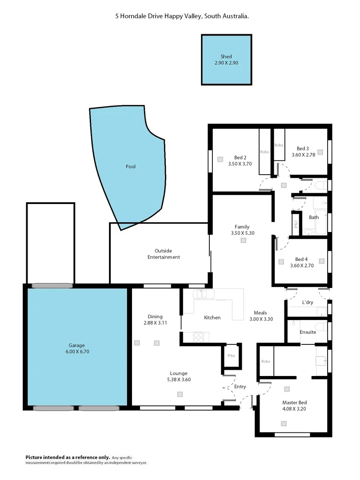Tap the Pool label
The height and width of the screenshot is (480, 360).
pyautogui.click(x=130, y=167)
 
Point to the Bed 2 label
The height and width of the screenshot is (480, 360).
pyautogui.click(x=240, y=157)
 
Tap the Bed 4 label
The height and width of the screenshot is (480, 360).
pyautogui.click(x=301, y=259)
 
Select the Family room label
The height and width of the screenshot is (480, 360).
pyautogui.click(x=242, y=227)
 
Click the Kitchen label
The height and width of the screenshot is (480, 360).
pyautogui.click(x=212, y=317)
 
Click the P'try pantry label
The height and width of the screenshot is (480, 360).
pyautogui.click(x=231, y=356)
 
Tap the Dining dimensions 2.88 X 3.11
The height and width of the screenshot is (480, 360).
pyautogui.click(x=155, y=323)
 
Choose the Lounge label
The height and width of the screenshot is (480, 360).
pyautogui.click(x=179, y=373)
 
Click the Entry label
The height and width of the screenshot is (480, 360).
pyautogui.click(x=240, y=387)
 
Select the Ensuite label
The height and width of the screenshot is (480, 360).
pyautogui.click(x=308, y=332)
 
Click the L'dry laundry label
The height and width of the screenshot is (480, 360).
pyautogui.click(x=308, y=302)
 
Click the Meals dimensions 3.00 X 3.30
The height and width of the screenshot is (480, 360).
pyautogui.click(x=260, y=319)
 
